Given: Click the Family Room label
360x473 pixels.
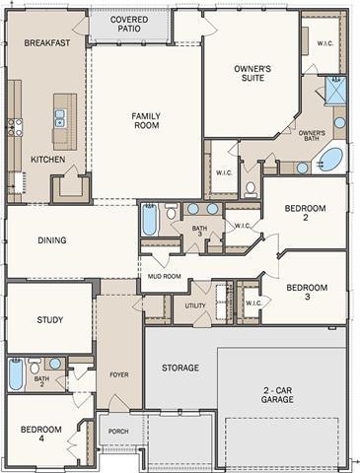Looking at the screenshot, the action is click(x=147, y=120).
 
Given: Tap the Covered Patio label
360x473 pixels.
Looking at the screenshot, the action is click(x=129, y=24).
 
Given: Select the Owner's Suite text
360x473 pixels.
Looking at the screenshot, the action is click(x=252, y=73).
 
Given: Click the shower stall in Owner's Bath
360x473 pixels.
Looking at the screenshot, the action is click(x=335, y=91).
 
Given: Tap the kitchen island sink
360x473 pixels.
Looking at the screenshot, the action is click(x=59, y=118).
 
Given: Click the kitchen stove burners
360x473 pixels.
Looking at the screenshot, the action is click(x=15, y=127).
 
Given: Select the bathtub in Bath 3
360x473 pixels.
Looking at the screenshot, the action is click(x=149, y=220).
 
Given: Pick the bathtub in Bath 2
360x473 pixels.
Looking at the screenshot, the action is click(x=16, y=374).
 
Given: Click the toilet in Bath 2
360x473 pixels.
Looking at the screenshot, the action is click(x=35, y=366).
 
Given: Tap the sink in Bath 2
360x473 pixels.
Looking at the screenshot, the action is click(x=55, y=364).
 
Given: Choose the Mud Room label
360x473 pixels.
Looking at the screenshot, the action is click(x=165, y=277).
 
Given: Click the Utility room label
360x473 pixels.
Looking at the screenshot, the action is click(x=195, y=305).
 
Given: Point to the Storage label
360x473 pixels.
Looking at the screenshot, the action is click(x=180, y=368).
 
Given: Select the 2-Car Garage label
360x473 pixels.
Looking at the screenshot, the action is click(x=277, y=395).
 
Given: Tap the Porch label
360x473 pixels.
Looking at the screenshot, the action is click(x=118, y=432).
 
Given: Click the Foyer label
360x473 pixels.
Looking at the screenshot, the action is click(x=119, y=374).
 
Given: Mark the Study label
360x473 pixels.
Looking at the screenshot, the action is click(x=50, y=320).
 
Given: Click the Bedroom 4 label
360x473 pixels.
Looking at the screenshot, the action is click(x=41, y=434).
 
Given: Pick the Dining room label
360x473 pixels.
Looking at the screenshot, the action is click(x=52, y=240).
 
